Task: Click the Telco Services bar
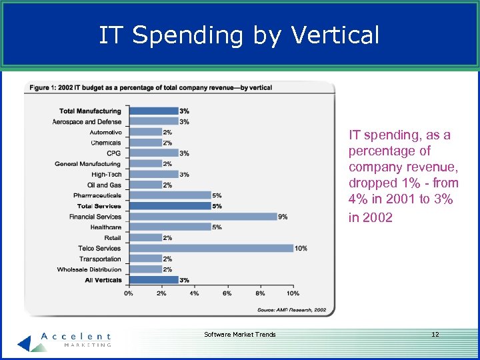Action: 211,248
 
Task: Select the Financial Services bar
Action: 203,217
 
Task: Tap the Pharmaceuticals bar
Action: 169,195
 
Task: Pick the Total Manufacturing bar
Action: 153,111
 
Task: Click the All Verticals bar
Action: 153,280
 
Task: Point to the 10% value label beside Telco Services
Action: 301,248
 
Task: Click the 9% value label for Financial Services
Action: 283,217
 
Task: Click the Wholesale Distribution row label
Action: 89,269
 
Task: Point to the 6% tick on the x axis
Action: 227,293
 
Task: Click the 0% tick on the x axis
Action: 129,293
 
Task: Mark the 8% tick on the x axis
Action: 260,293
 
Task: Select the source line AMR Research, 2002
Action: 291,309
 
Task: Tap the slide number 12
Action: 435,334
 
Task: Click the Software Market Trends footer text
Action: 239,334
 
